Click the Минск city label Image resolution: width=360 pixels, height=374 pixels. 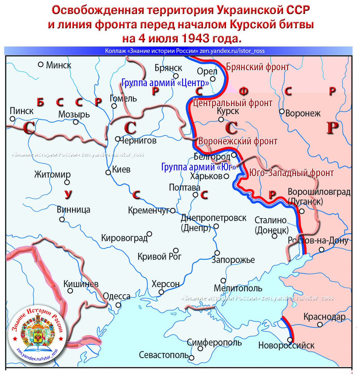coord(58,65)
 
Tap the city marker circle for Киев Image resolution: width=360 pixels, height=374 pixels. coord(108,172)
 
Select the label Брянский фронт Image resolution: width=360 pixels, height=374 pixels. coord(257,67)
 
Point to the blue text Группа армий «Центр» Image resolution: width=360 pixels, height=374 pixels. coord(165,83)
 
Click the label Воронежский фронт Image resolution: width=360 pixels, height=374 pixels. coord(238,141)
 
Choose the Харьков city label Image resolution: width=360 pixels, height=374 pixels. coord(206,176)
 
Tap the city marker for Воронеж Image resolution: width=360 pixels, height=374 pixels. coord(281,111)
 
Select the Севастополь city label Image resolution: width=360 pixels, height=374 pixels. coord(164,355)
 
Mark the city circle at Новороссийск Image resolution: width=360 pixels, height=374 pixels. coord(290,340)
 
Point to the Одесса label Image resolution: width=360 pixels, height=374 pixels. coord(117,296)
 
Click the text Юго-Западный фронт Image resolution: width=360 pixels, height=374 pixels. coord(291,173)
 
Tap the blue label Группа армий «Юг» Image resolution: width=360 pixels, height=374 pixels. coord(198,167)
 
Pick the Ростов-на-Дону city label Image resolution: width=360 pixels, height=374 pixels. coord(318,241)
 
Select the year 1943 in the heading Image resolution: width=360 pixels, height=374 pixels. coord(193,38)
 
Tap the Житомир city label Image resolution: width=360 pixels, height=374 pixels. coord(52,174)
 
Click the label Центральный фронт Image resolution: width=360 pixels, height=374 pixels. coord(233,103)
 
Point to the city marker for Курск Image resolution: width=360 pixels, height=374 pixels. coord(221,119)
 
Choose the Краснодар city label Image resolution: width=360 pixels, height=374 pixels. coord(324,317)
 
